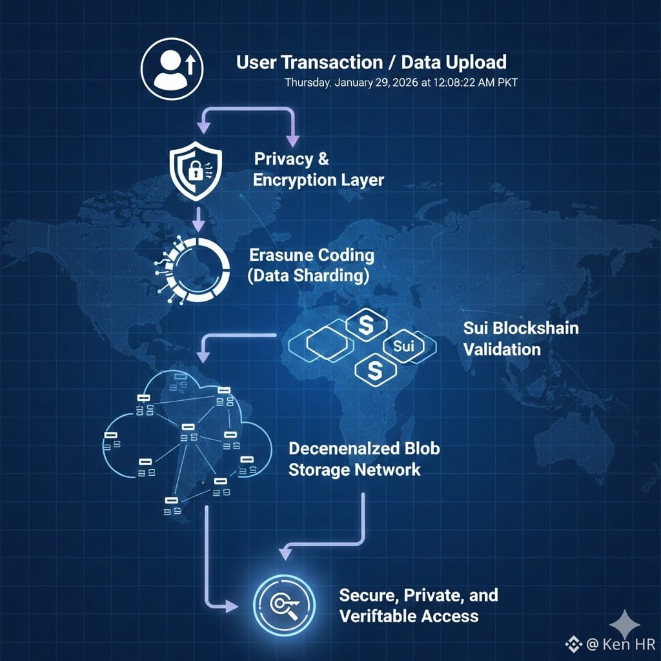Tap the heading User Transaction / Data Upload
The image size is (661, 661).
371,63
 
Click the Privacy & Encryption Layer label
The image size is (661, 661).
318,169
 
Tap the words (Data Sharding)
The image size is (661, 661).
309,276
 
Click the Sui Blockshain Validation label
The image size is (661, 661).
511,338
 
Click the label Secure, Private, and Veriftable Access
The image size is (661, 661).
418,605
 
